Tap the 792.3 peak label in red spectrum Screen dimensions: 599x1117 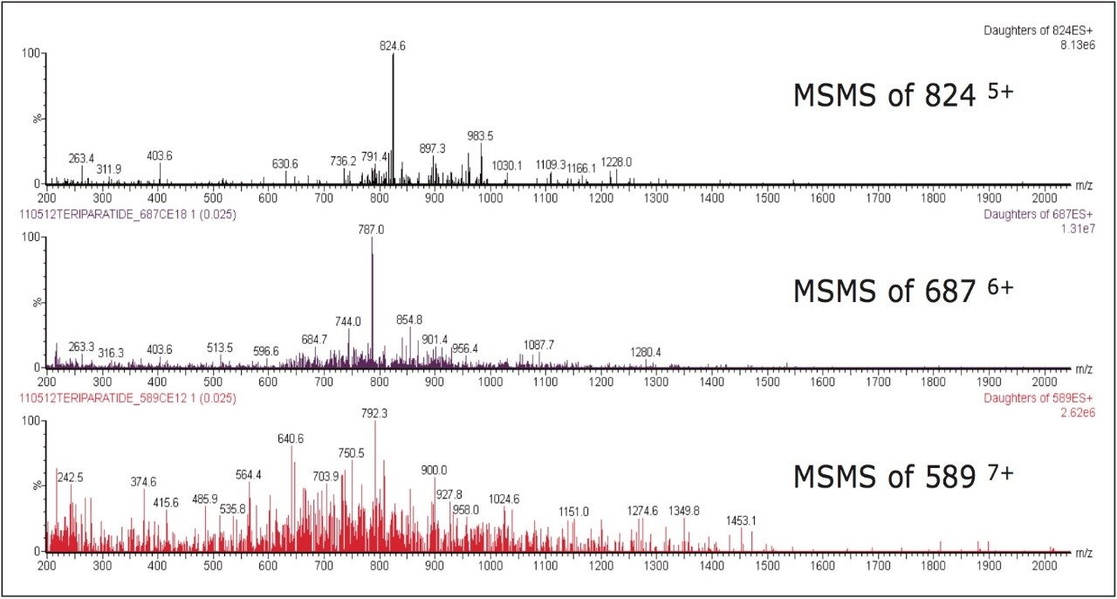click(374, 413)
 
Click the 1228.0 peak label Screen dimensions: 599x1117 click(616, 162)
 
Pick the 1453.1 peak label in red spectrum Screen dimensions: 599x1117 click(741, 521)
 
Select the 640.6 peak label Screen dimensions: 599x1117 click(291, 439)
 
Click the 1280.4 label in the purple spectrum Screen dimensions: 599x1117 click(646, 352)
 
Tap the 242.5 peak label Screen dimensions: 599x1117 click(71, 479)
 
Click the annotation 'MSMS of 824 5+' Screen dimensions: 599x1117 click(902, 94)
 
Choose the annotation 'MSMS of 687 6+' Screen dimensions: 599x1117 click(902, 291)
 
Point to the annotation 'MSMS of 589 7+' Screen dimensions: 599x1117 click(902, 476)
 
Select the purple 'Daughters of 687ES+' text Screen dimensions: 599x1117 click(1038, 214)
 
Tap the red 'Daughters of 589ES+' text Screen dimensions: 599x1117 click(1038, 398)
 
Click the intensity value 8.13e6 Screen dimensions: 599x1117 click(1076, 43)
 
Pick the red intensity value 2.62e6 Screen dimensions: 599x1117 click(1076, 411)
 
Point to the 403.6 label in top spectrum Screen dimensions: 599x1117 click(160, 156)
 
